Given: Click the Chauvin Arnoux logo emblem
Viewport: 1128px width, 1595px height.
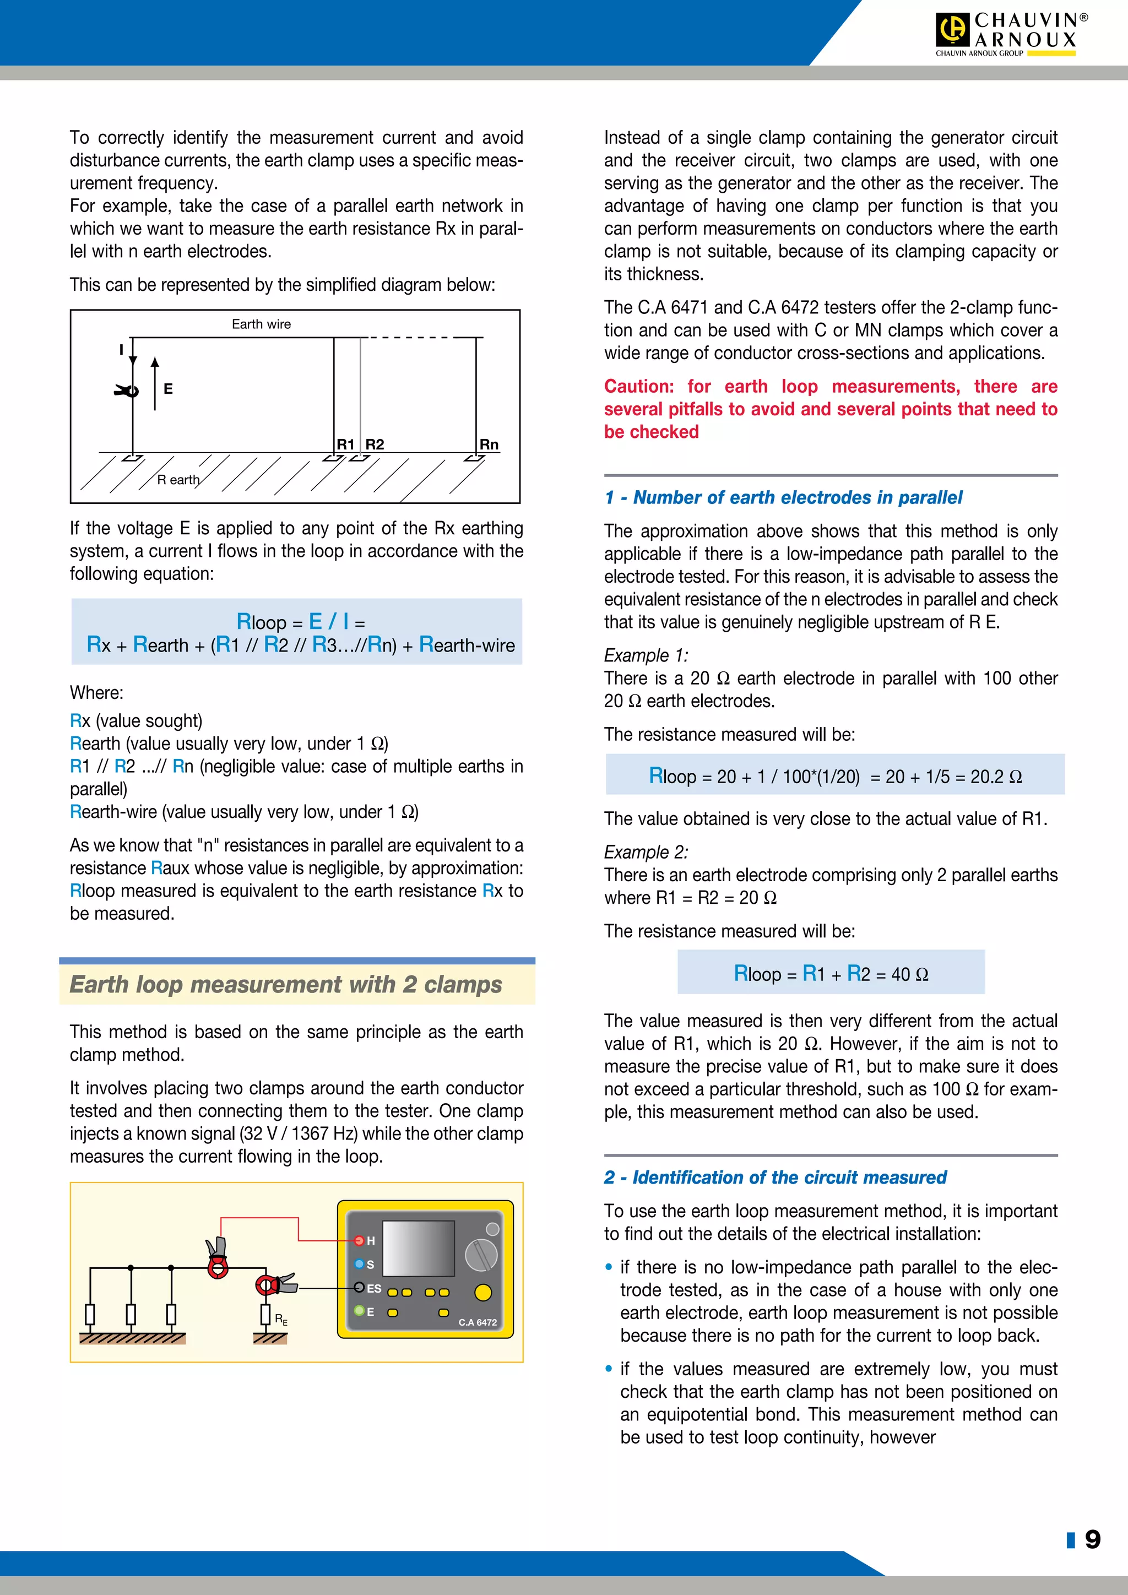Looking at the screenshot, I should (x=952, y=30).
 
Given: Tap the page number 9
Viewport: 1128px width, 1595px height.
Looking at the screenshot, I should (x=1093, y=1539).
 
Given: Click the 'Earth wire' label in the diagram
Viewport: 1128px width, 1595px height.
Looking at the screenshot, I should (x=261, y=324).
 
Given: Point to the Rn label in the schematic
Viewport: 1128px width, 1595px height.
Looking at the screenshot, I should (x=489, y=444).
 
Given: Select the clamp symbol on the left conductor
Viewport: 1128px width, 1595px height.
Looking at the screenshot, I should (x=128, y=391).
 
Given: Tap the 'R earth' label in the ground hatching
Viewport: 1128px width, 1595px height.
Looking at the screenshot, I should (x=178, y=480).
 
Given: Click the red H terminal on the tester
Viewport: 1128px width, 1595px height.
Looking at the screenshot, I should (x=359, y=1241).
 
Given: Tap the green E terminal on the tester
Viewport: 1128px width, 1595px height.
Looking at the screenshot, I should (x=359, y=1311).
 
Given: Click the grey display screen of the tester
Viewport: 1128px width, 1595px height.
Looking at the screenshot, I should (x=418, y=1249).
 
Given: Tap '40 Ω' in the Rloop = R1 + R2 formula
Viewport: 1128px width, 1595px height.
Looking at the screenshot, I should (x=909, y=975).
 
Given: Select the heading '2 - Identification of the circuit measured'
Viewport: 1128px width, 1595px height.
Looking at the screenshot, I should (x=775, y=1178).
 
